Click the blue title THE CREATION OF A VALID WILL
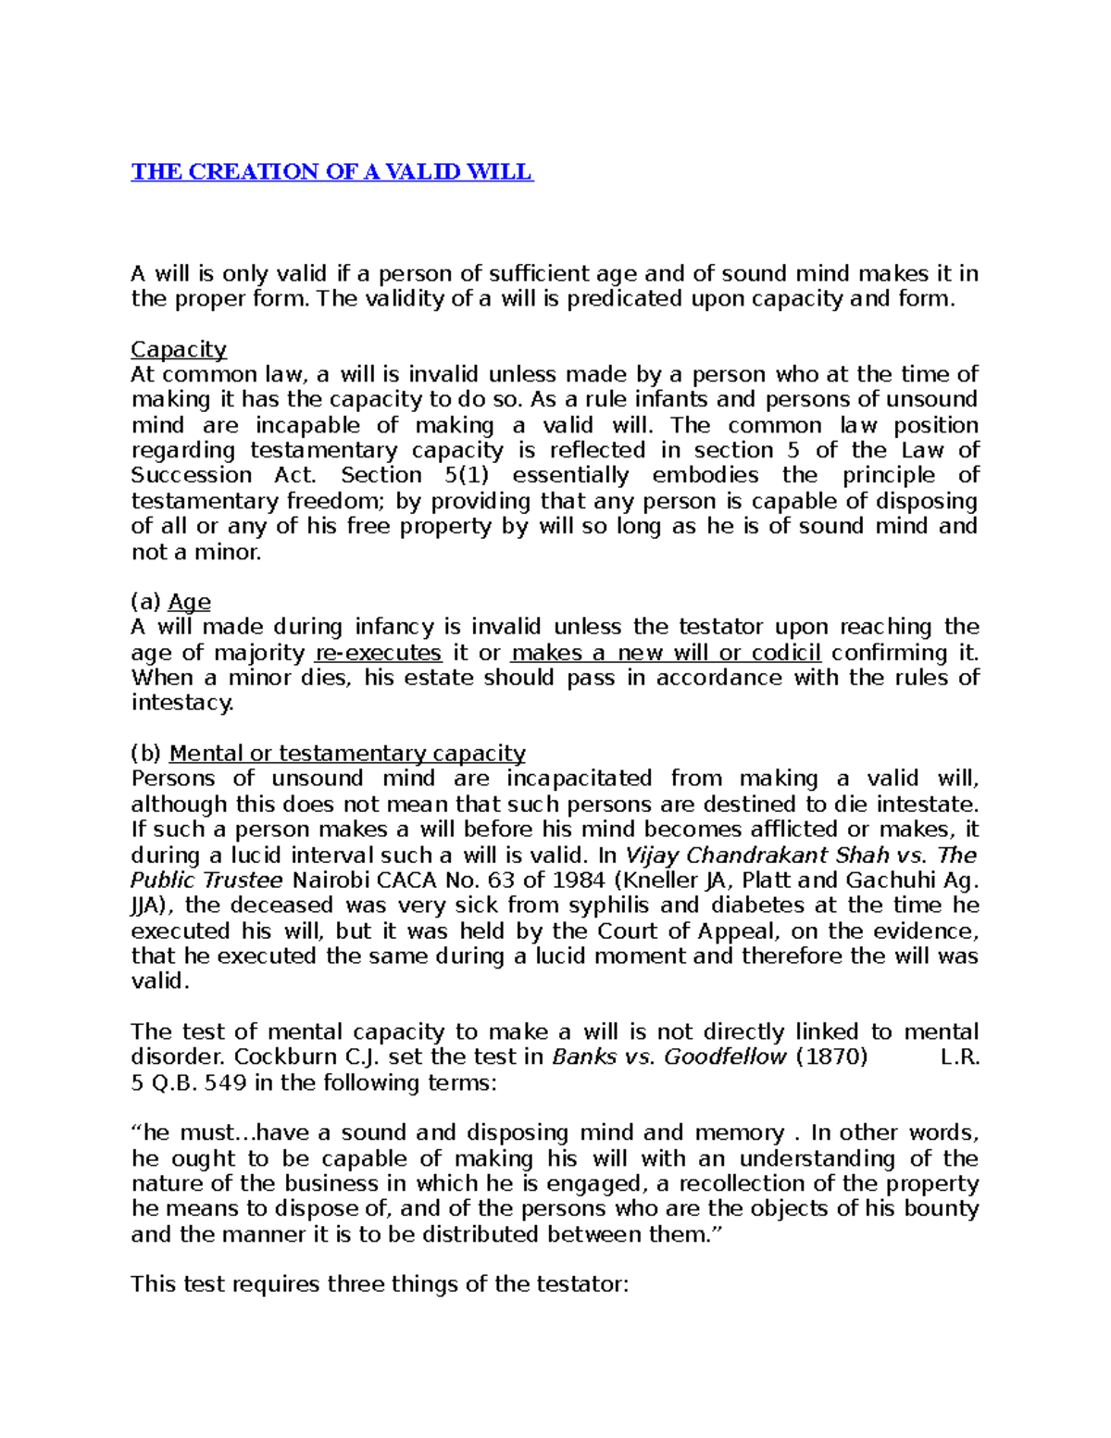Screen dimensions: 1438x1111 pyautogui.click(x=331, y=172)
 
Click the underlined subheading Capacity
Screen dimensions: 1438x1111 pyautogui.click(x=179, y=349)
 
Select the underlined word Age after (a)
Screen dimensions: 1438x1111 pyautogui.click(x=189, y=602)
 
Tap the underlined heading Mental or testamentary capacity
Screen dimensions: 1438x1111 pyautogui.click(x=347, y=754)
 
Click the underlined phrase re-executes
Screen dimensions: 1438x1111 pyautogui.click(x=378, y=653)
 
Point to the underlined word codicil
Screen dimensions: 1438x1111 pyautogui.click(x=786, y=653)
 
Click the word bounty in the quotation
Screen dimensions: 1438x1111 pyautogui.click(x=941, y=1209)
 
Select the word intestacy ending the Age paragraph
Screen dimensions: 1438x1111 pyautogui.click(x=182, y=703)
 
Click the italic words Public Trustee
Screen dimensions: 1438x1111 pyautogui.click(x=206, y=881)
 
